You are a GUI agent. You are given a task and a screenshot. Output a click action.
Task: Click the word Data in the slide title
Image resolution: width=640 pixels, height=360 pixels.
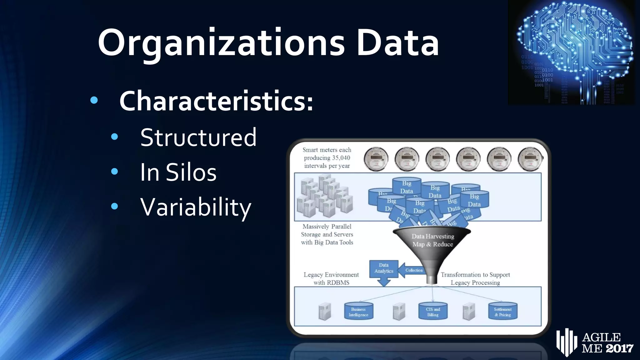point(397,43)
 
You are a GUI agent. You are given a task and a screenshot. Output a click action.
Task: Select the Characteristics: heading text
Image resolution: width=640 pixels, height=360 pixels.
point(216,101)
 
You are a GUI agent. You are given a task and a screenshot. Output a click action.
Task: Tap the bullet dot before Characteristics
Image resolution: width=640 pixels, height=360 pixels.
point(94,100)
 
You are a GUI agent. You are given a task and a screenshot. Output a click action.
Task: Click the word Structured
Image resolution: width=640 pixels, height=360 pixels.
point(198,137)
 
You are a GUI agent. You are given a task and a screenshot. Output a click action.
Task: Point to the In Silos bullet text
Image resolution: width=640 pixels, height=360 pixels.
point(178,172)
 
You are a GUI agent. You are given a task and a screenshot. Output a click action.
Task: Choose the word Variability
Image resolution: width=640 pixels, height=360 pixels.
point(196,207)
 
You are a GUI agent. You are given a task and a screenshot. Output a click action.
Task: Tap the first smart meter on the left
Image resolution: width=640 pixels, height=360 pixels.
point(376,159)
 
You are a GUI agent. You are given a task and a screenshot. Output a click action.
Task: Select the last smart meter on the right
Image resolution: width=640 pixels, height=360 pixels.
point(530,159)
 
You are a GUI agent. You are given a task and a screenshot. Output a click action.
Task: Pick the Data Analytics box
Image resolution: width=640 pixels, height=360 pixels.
point(384,268)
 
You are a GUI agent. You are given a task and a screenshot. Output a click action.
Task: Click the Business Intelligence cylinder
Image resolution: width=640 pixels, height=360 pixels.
point(358,312)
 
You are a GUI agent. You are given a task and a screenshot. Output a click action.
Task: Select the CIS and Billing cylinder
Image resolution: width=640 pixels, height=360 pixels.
point(433,312)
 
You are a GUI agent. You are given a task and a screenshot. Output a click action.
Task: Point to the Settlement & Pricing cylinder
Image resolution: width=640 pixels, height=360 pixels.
point(502,312)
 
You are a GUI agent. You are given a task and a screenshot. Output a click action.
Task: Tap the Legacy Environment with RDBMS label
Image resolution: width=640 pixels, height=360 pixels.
point(331,278)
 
